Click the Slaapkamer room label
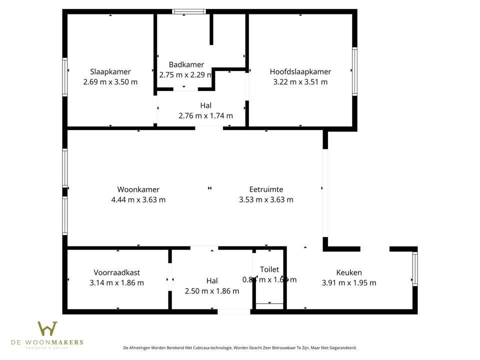[x=110, y=71]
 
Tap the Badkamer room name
[x=186, y=64]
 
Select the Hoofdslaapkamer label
[x=300, y=71]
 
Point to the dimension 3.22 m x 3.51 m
[x=300, y=82]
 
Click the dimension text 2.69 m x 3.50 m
[x=110, y=82]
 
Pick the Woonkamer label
[x=138, y=189]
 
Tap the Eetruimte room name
[x=266, y=189]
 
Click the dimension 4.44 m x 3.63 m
[x=138, y=199]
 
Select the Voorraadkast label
[x=116, y=272]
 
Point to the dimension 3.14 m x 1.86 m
[x=116, y=282]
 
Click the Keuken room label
[x=349, y=272]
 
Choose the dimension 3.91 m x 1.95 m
[x=349, y=282]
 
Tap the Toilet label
[x=269, y=269]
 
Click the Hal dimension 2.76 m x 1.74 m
[x=205, y=116]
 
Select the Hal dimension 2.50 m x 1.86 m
[x=212, y=291]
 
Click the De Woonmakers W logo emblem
[x=47, y=329]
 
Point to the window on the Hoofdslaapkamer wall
[x=354, y=71]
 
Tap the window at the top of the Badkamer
[x=189, y=11]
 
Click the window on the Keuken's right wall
[x=414, y=269]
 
